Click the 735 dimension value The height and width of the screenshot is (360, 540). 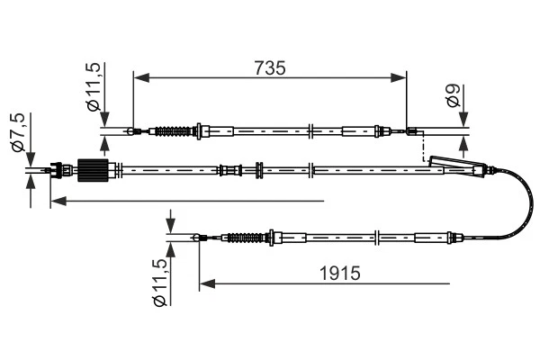[x=270, y=67]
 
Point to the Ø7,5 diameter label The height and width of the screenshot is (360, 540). [x=15, y=133]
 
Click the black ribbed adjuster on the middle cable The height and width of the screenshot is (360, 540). [x=94, y=168]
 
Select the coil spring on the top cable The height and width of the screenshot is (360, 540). [x=174, y=132]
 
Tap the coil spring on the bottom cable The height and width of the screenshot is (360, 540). [x=244, y=238]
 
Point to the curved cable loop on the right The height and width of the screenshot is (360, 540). [x=525, y=202]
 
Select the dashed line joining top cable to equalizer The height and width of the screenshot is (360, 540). [x=421, y=148]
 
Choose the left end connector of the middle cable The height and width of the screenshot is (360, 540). [x=59, y=168]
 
